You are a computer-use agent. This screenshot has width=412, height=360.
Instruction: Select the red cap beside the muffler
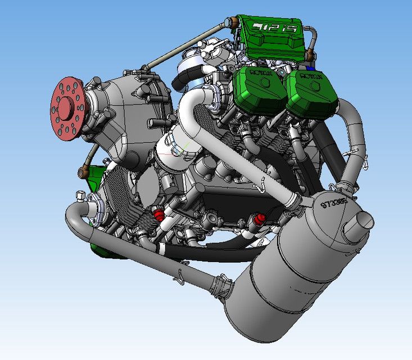[x=261, y=218]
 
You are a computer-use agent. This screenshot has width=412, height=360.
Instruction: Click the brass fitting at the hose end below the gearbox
[x=85, y=168]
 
